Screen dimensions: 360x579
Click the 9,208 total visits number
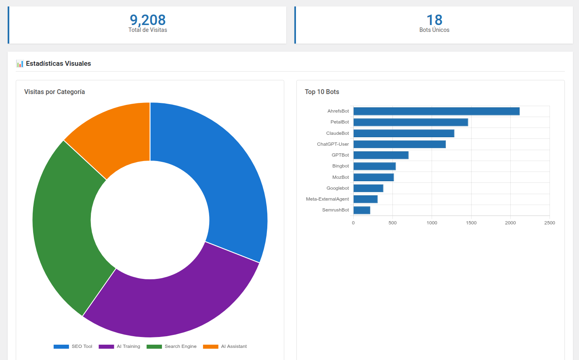pos(148,20)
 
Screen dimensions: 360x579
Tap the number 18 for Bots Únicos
pos(434,20)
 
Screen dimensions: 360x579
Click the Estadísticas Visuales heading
pos(58,63)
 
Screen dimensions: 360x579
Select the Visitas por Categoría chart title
pos(55,92)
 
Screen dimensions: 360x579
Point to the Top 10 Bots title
pos(322,92)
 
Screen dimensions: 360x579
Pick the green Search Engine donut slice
pos(65,226)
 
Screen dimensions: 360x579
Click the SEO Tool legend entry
pos(73,346)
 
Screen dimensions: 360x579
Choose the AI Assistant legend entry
pos(225,346)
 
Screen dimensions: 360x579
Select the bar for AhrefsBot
pos(436,111)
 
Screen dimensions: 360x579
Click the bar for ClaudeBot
pos(404,133)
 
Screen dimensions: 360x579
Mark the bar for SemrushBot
pos(362,210)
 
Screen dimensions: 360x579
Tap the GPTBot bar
pos(381,155)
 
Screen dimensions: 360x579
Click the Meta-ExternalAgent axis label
pos(327,199)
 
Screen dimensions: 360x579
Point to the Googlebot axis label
pos(338,188)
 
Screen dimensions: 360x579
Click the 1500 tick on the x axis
pos(471,223)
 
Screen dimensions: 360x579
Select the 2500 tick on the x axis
pos(549,223)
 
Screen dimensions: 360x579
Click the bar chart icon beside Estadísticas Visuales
pos(20,64)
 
